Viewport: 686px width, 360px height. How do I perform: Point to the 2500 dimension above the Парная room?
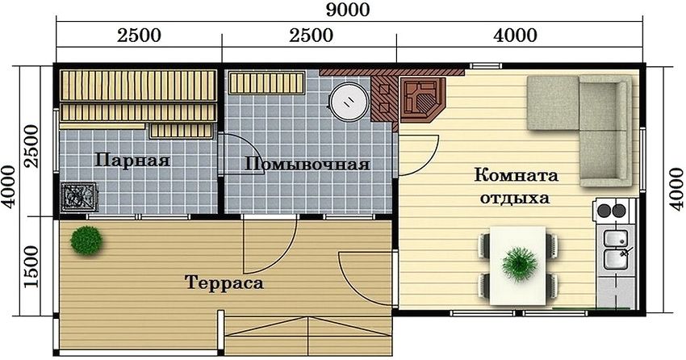pyautogui.click(x=139, y=36)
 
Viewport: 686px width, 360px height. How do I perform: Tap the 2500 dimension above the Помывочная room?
pyautogui.click(x=310, y=36)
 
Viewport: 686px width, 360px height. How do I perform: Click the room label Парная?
pyautogui.click(x=132, y=160)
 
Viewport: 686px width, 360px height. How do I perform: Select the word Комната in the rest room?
pyautogui.click(x=517, y=175)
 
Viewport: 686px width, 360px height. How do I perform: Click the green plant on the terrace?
pyautogui.click(x=85, y=239)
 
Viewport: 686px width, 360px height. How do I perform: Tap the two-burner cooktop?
pyautogui.click(x=611, y=212)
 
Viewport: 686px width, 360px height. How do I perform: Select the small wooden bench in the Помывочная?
pyautogui.click(x=266, y=82)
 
